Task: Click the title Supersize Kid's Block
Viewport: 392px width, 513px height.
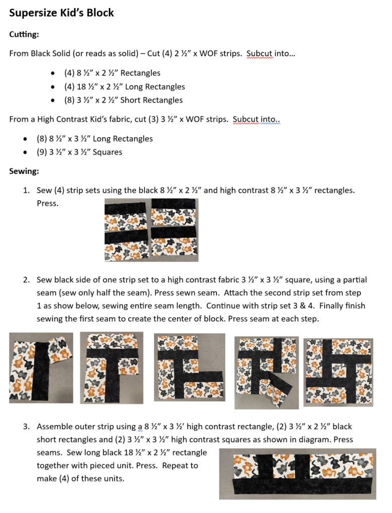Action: (61, 13)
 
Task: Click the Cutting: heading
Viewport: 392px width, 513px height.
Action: (24, 35)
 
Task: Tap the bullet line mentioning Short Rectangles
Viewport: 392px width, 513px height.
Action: (123, 100)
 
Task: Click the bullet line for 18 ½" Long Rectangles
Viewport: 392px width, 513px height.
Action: (124, 87)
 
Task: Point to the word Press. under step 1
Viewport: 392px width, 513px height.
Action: (47, 203)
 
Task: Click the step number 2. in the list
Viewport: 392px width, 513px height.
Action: (26, 280)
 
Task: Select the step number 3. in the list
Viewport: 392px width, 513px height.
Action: (26, 427)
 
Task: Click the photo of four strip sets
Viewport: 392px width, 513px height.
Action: (151, 230)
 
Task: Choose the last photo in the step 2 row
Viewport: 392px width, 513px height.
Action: (338, 370)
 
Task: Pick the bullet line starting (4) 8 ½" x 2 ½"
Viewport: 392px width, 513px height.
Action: (112, 73)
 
